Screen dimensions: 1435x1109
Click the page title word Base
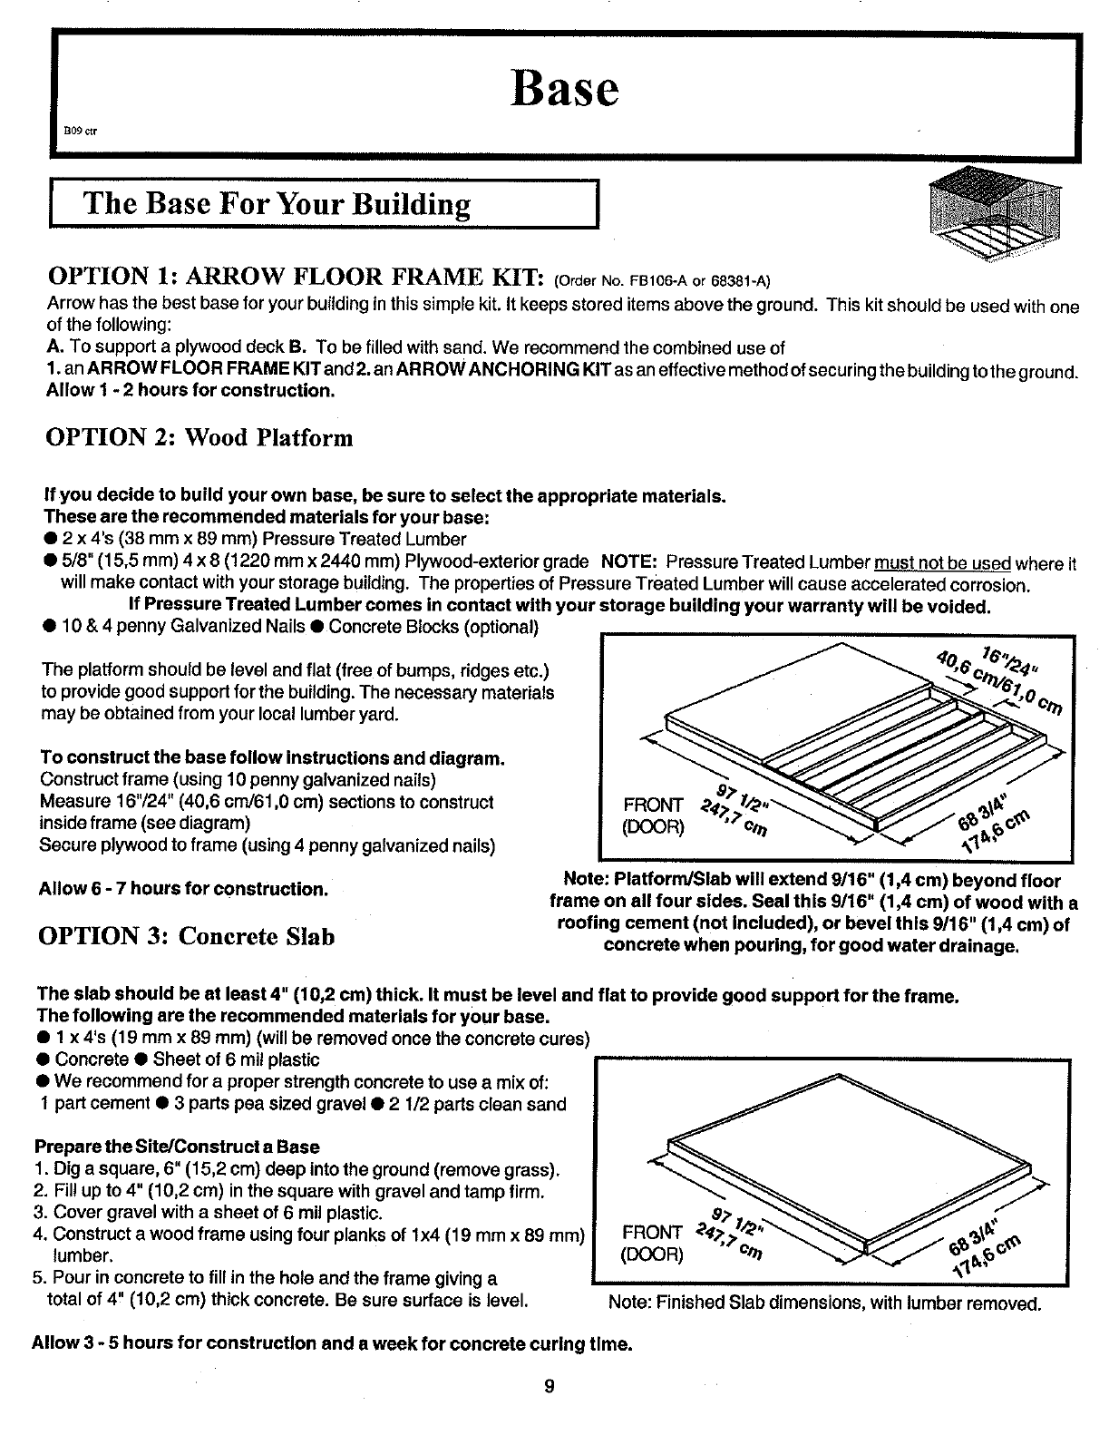point(565,88)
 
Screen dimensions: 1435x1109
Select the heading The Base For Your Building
point(277,204)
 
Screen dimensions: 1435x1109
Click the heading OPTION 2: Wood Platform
point(199,438)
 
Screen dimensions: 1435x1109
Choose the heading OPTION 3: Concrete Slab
point(186,935)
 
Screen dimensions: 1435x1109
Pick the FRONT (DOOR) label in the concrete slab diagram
point(653,1243)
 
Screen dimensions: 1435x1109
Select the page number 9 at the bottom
point(550,1386)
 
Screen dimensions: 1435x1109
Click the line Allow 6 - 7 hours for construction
point(183,888)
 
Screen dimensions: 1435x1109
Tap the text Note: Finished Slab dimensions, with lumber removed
point(824,1303)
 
